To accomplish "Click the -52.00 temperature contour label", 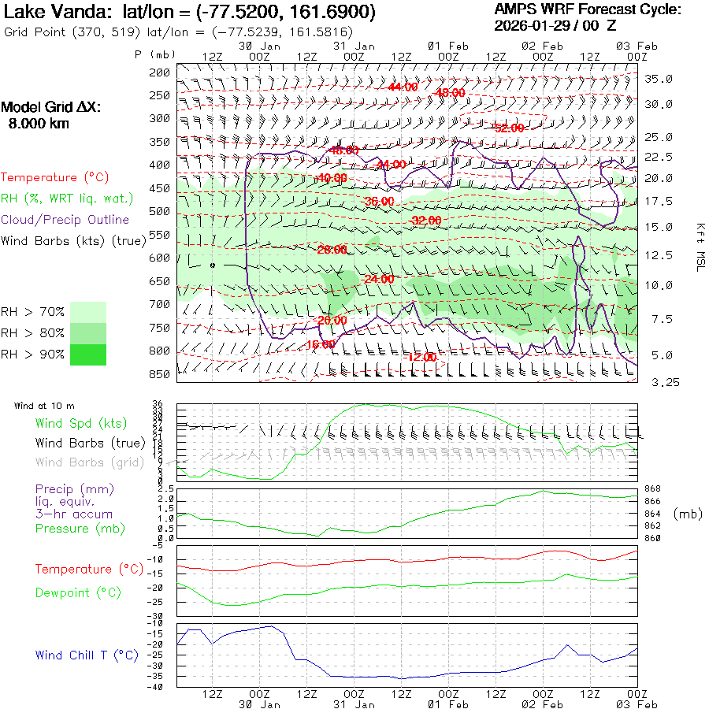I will coord(508,128).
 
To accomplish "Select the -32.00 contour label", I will coord(426,221).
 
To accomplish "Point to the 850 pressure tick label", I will coord(160,374).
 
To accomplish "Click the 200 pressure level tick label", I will coord(160,72).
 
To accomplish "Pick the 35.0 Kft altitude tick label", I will coord(659,79).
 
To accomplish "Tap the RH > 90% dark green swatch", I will coord(88,354).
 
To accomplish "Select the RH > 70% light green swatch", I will coord(88,312).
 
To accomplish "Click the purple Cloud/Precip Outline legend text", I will coord(65,220).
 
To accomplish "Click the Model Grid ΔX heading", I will coord(51,108).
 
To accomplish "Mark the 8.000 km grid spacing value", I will coord(38,124).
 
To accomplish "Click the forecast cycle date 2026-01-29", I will coord(536,25).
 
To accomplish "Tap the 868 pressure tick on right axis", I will coord(653,489).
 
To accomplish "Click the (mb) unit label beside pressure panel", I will coord(688,514).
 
